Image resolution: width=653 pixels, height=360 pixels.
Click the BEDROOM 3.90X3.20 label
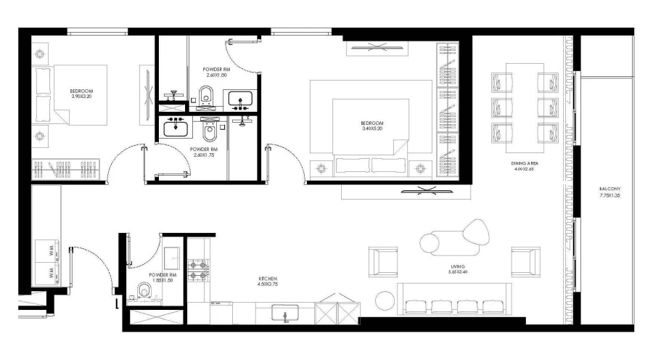click(x=81, y=94)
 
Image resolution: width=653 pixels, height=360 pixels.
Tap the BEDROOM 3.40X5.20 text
click(x=371, y=125)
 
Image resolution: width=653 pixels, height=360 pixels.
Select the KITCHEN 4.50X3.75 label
click(x=268, y=282)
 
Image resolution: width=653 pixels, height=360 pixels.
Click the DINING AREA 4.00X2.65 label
click(x=523, y=167)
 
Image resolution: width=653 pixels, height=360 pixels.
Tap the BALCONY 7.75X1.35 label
click(x=610, y=192)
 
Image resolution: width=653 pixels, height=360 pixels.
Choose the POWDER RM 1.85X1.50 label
click(x=162, y=278)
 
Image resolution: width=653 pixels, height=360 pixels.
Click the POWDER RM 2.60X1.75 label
click(x=204, y=152)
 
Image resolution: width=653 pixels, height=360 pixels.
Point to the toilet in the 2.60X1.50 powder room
click(x=206, y=94)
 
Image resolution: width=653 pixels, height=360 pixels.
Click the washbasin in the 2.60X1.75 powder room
click(x=175, y=128)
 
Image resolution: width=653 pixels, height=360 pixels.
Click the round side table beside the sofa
click(x=383, y=299)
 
